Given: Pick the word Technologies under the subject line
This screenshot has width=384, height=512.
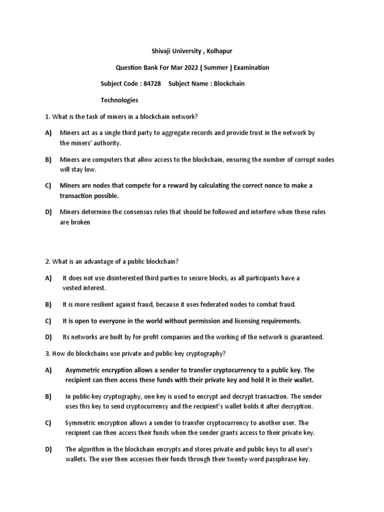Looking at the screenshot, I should point(119,100).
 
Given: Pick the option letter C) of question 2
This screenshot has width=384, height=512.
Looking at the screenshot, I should point(48,320).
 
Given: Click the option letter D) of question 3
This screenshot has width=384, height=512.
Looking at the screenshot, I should point(48,449).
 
